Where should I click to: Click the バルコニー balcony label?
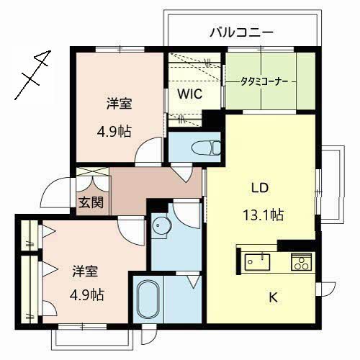241,32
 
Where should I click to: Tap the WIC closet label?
189,94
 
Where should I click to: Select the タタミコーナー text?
264,82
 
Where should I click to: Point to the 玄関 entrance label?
91,202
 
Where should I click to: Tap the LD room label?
260,188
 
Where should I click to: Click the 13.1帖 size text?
264,215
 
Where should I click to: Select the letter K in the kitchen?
273,297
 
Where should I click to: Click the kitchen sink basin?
257,262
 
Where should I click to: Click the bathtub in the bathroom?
148,299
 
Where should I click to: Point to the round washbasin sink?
161,225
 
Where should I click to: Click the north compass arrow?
33,75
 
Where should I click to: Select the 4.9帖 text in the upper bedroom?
114,132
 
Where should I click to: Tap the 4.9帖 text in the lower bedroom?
86,295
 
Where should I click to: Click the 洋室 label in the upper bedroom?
119,104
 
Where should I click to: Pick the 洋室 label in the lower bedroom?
85,271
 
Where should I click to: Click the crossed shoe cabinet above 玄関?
92,172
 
